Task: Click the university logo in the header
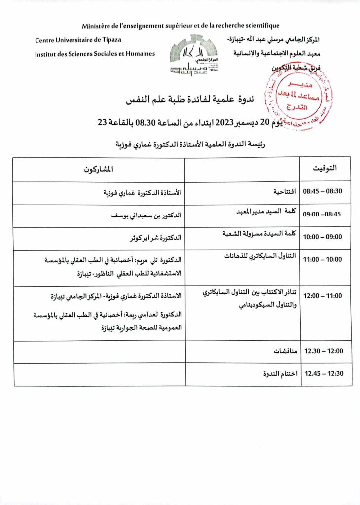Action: click(x=194, y=57)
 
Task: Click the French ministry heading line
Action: click(x=180, y=26)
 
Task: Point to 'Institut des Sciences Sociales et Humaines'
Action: click(x=95, y=54)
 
